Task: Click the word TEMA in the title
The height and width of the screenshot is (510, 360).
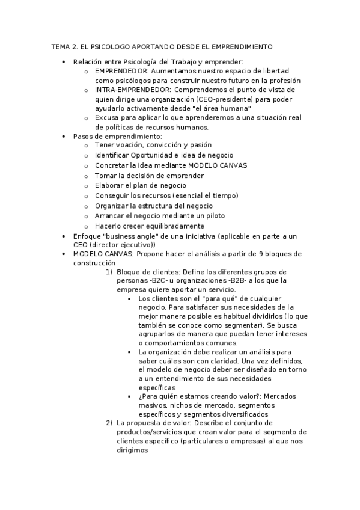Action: click(59, 46)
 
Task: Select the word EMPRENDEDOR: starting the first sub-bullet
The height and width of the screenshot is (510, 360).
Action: click(117, 70)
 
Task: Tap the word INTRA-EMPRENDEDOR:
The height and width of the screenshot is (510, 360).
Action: click(128, 89)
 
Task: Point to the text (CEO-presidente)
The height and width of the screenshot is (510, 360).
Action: click(221, 99)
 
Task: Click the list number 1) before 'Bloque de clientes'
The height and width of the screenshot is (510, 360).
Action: click(109, 272)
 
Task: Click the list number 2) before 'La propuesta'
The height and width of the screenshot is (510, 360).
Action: click(109, 422)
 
